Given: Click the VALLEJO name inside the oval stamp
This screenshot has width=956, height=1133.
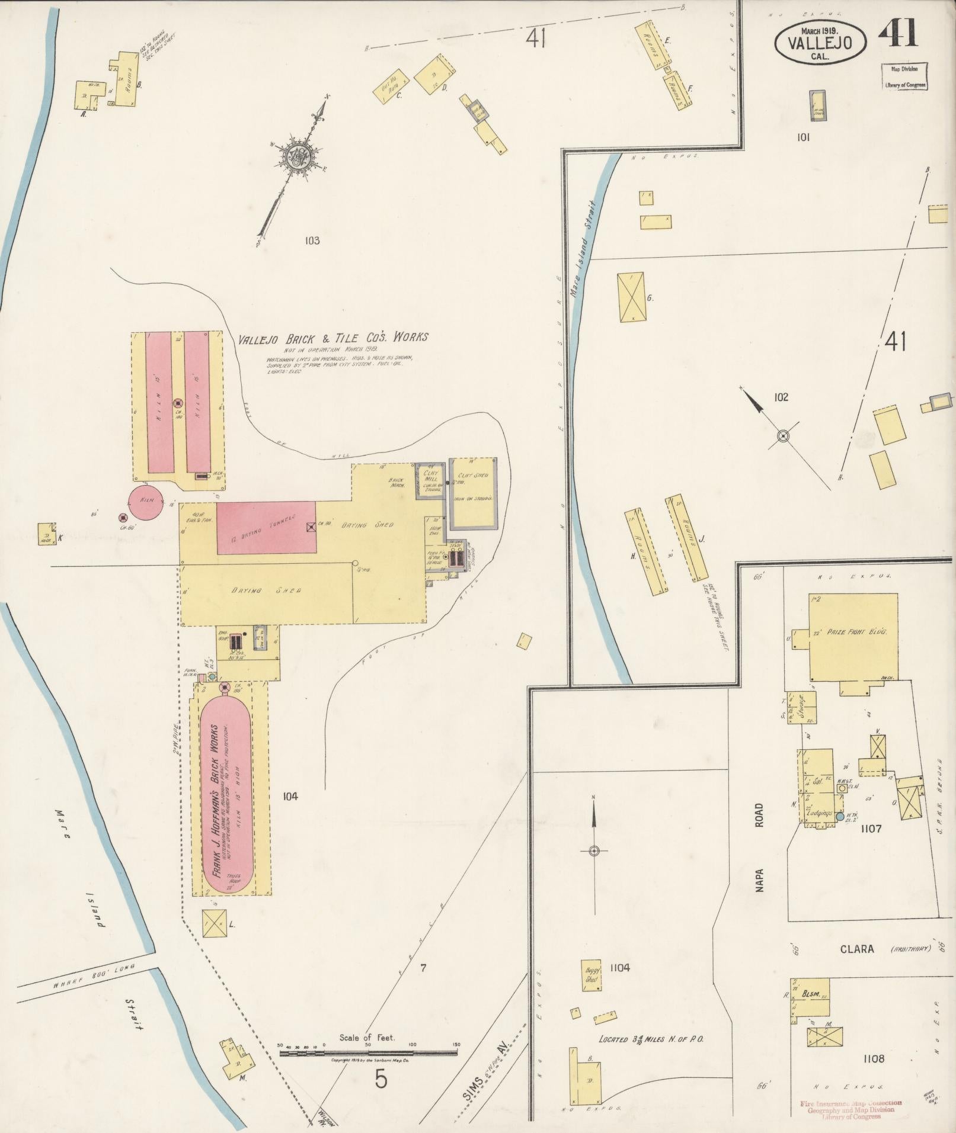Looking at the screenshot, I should pyautogui.click(x=820, y=43).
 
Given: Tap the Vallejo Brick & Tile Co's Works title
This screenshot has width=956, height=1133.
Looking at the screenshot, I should pyautogui.click(x=332, y=338).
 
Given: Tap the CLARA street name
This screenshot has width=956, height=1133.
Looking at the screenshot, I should pyautogui.click(x=856, y=949).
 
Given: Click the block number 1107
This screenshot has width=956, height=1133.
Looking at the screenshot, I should pyautogui.click(x=872, y=829).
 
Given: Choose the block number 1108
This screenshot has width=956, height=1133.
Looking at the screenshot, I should pyautogui.click(x=874, y=1058).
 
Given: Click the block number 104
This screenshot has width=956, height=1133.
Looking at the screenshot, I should pyautogui.click(x=290, y=796).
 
